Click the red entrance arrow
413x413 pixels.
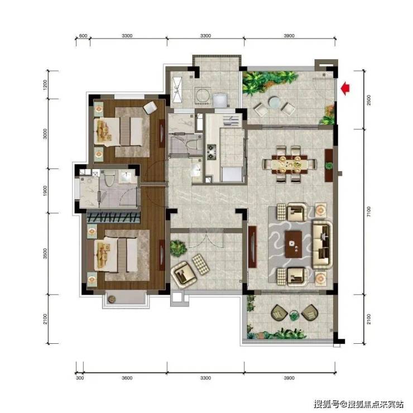tap(345, 89)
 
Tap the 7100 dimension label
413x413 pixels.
tap(369, 212)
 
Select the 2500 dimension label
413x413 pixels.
tap(369, 100)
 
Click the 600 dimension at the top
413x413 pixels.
tap(83, 36)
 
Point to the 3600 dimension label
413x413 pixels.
tap(127, 378)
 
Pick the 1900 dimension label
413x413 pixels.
tap(45, 190)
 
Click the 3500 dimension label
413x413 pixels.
tap(45, 253)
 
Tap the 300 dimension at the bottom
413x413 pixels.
tap(80, 378)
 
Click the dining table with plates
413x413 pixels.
tap(290, 164)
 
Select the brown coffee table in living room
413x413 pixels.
tap(294, 244)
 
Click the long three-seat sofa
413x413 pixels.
tap(322, 244)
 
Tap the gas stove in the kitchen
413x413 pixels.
tap(212, 152)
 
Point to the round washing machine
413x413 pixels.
tap(202, 96)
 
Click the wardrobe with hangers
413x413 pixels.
tap(113, 217)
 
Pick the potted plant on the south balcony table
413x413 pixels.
tap(294, 315)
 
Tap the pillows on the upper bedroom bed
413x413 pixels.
tap(103, 131)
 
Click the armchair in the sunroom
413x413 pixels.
tap(183, 273)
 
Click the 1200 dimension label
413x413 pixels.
tap(45, 85)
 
